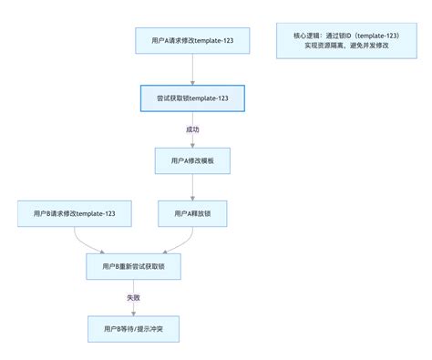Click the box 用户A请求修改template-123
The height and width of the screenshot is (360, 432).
coord(191,41)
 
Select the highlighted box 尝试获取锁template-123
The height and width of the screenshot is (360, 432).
coord(191,98)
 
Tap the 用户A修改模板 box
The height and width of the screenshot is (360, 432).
coord(191,160)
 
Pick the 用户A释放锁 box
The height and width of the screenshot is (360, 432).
coord(191,214)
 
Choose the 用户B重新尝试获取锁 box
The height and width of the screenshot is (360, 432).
coord(134,266)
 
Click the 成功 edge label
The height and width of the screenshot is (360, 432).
coord(191,129)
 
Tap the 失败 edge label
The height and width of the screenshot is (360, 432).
coord(134,298)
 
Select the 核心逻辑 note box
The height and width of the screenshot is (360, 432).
coord(338,41)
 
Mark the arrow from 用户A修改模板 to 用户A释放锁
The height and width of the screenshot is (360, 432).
coord(191,188)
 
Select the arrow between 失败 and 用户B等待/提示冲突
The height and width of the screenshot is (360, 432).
coord(134,310)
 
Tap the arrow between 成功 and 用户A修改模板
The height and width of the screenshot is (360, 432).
coord(191,140)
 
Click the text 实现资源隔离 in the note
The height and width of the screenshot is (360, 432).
coord(314,46)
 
